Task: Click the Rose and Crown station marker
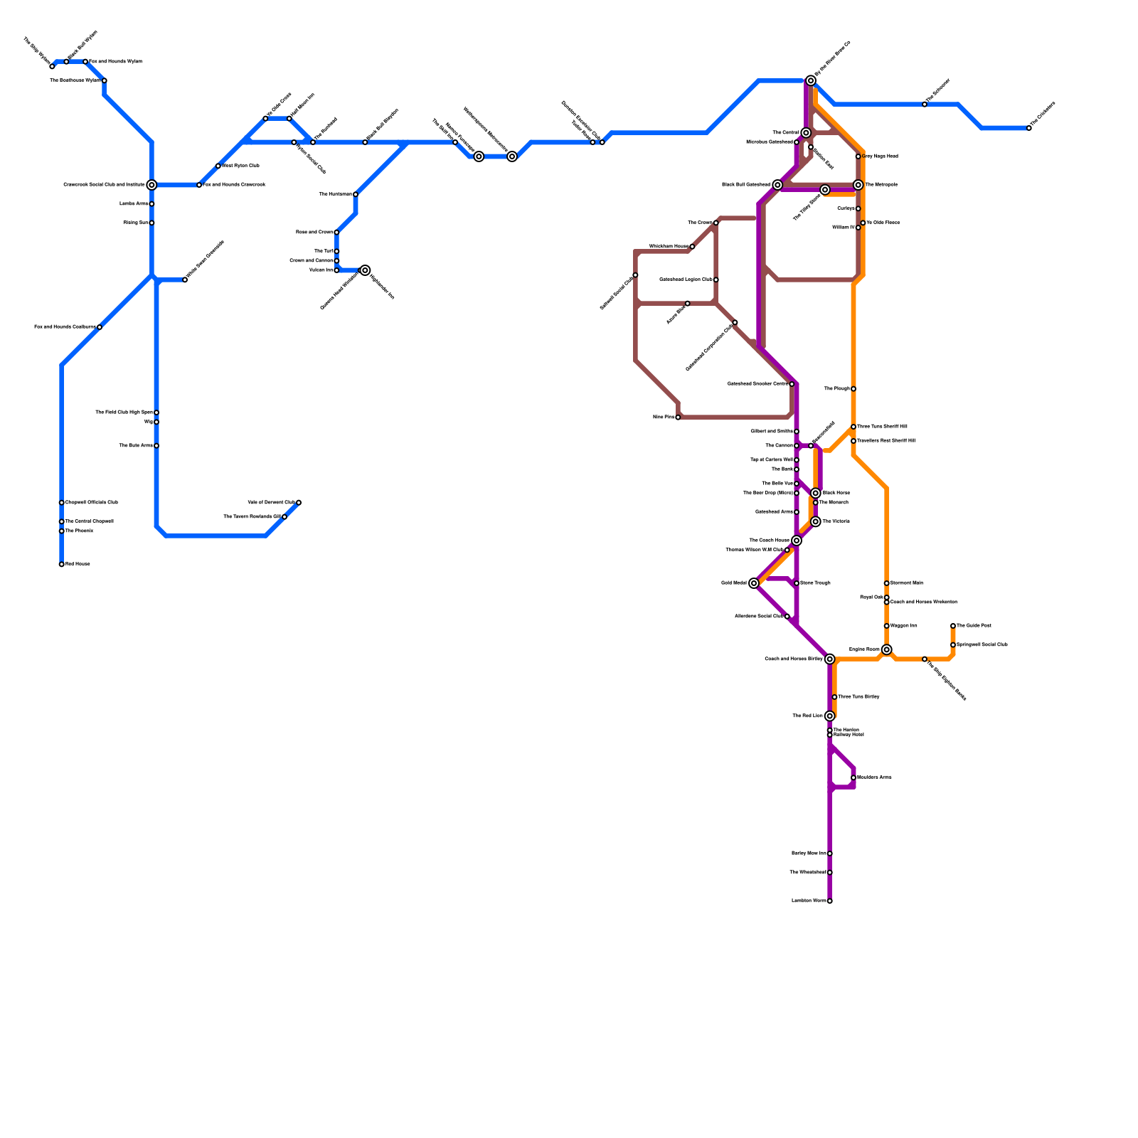tap(336, 233)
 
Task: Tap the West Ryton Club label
tap(240, 166)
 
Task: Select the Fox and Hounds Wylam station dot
tap(85, 62)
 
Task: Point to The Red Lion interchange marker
tap(829, 716)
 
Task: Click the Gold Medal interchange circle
tap(754, 583)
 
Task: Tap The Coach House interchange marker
tap(797, 541)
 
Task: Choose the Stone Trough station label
tap(815, 583)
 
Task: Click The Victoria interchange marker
tap(816, 522)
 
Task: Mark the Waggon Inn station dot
tap(886, 626)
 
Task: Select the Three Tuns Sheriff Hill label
tap(882, 427)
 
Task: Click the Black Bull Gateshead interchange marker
tap(777, 185)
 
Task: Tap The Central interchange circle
tap(806, 133)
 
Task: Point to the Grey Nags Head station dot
tap(858, 156)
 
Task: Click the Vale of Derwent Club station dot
tap(299, 503)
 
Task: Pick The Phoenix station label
tap(79, 531)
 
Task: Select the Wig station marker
tap(156, 422)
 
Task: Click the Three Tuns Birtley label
tap(858, 697)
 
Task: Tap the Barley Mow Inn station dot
tap(829, 854)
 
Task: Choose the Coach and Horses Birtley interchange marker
tap(829, 659)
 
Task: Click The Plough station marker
tap(854, 389)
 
